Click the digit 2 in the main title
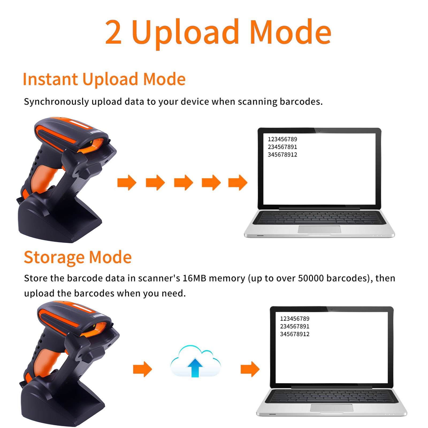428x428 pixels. [x=113, y=32]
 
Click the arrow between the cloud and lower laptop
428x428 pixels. [x=250, y=369]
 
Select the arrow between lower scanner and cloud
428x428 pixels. [x=143, y=369]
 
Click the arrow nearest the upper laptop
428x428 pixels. [x=238, y=183]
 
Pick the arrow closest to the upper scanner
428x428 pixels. [x=127, y=183]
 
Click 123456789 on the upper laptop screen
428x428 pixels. [x=282, y=139]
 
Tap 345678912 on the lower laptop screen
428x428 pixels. [x=295, y=334]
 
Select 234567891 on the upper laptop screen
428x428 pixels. [x=282, y=147]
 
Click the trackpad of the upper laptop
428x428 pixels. [x=319, y=229]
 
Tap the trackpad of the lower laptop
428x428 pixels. [x=332, y=408]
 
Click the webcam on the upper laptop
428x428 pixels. [x=319, y=131]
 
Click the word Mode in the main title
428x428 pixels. [x=291, y=32]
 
